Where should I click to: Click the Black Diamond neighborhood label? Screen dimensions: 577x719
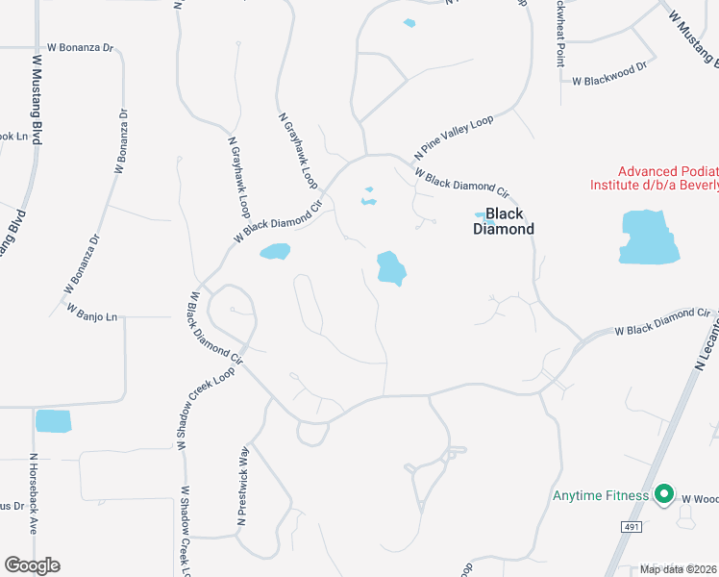(x=503, y=222)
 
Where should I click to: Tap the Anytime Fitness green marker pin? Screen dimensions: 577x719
(x=662, y=495)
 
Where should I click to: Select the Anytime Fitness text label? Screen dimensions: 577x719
(x=601, y=496)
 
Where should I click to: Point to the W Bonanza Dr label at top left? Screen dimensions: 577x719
(x=81, y=46)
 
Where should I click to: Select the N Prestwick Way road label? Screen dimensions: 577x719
(x=243, y=486)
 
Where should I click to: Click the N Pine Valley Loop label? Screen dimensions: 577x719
(x=453, y=137)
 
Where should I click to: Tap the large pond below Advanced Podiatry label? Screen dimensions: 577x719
(x=650, y=237)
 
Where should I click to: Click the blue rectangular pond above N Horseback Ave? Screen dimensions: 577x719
(x=53, y=421)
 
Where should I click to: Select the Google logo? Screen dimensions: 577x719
(x=31, y=565)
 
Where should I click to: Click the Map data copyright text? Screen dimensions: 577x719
(x=678, y=568)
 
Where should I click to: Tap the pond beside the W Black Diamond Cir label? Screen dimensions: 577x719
(x=275, y=252)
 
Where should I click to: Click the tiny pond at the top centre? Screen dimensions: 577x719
(x=410, y=23)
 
